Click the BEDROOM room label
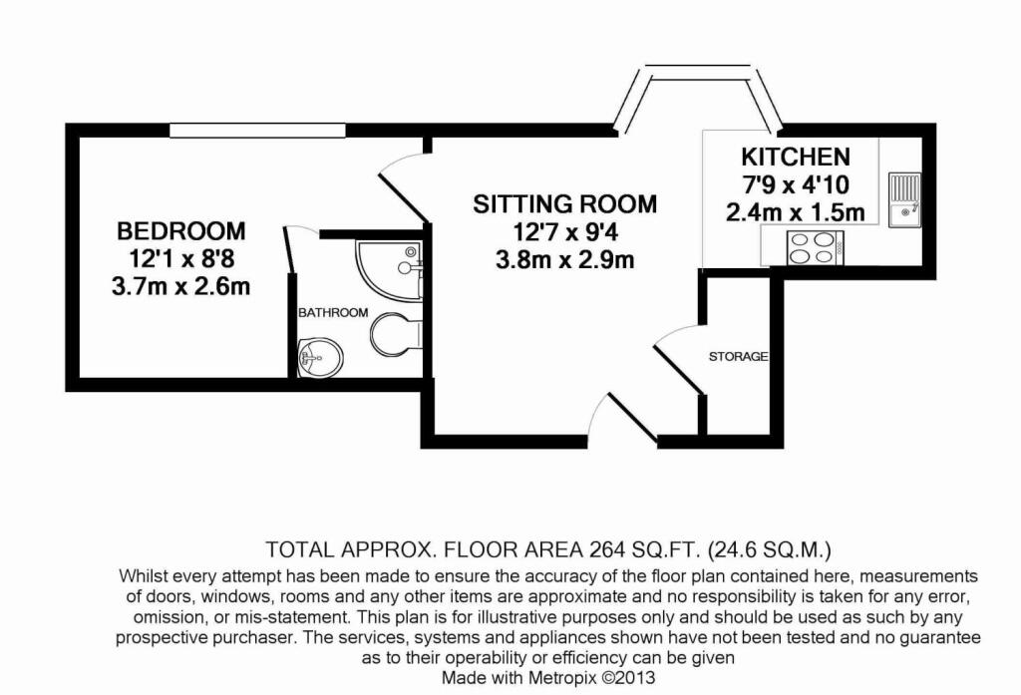pos(180,231)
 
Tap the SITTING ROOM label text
pos(565,204)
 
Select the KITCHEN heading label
pos(795,157)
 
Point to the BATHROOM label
pos(333,312)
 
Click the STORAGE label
pos(738,356)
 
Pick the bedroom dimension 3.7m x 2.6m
pos(180,288)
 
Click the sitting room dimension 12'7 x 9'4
pos(565,233)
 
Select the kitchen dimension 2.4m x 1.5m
pos(795,212)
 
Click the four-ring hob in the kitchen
pos(816,246)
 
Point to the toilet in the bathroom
pos(393,334)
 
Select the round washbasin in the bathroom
pos(319,355)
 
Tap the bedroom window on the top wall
pos(257,130)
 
